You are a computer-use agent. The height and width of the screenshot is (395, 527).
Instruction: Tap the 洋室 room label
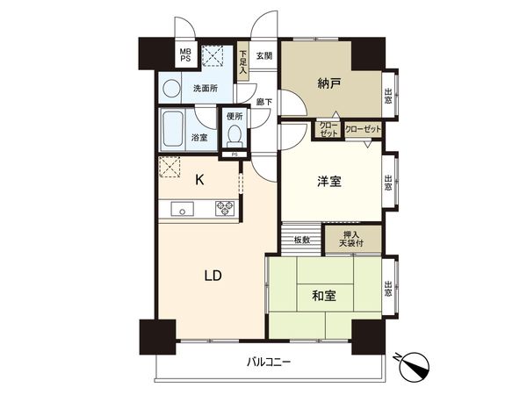tap(329, 182)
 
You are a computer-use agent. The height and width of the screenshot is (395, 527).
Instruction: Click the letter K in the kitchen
tap(199, 180)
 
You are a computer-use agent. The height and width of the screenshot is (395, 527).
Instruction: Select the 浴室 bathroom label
tap(199, 138)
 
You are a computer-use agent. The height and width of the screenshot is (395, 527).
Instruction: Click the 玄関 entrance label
tap(264, 56)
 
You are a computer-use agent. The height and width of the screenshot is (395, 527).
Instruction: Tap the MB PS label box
tap(185, 57)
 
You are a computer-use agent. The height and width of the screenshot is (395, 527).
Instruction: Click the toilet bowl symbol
tap(234, 136)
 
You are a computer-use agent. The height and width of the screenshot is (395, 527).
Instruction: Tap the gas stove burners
tap(224, 208)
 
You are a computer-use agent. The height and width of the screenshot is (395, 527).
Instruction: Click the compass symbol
tap(415, 363)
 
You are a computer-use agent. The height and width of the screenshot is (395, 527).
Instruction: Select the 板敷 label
tap(302, 240)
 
